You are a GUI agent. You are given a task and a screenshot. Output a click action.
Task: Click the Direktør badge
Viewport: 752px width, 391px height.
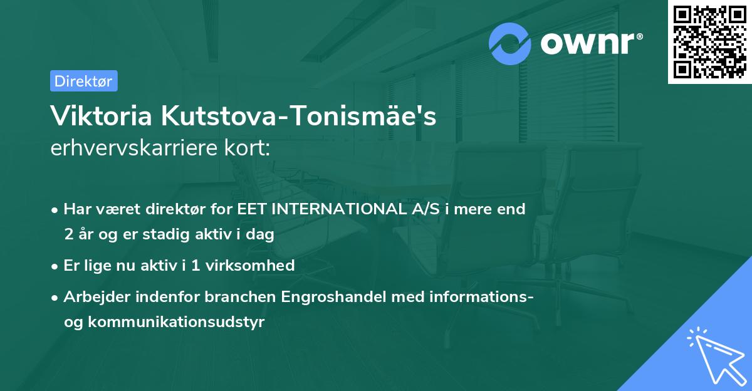click(x=83, y=81)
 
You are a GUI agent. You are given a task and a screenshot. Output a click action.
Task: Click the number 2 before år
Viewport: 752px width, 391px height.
click(x=68, y=234)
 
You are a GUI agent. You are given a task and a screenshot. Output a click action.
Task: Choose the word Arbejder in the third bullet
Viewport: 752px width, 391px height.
click(x=91, y=296)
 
